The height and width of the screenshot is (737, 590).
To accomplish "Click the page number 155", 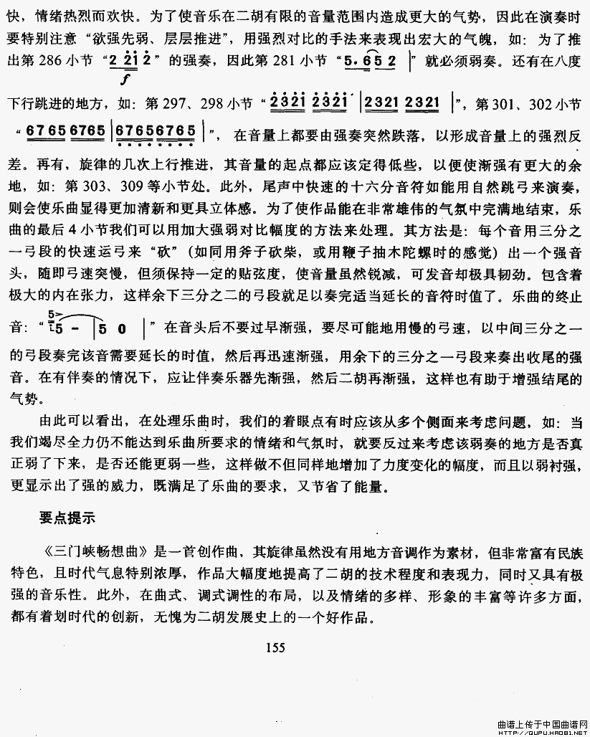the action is pyautogui.click(x=275, y=648).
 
